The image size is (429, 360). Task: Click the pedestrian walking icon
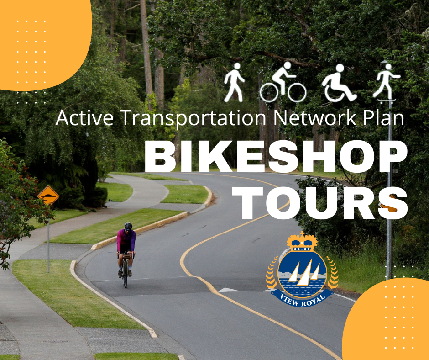click(234, 82)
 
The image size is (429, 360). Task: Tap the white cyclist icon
click(283, 82)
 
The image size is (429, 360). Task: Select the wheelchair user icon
click(339, 83)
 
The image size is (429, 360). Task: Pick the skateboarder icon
click(386, 84)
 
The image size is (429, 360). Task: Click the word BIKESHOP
click(276, 157)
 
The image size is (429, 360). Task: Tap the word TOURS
click(319, 203)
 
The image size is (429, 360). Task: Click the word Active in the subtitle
click(84, 118)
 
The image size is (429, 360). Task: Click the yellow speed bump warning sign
click(48, 196)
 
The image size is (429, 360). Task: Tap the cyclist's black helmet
click(128, 226)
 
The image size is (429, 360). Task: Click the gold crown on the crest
click(302, 243)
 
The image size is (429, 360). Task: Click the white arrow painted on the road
click(228, 290)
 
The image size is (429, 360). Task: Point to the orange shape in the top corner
click(46, 44)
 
